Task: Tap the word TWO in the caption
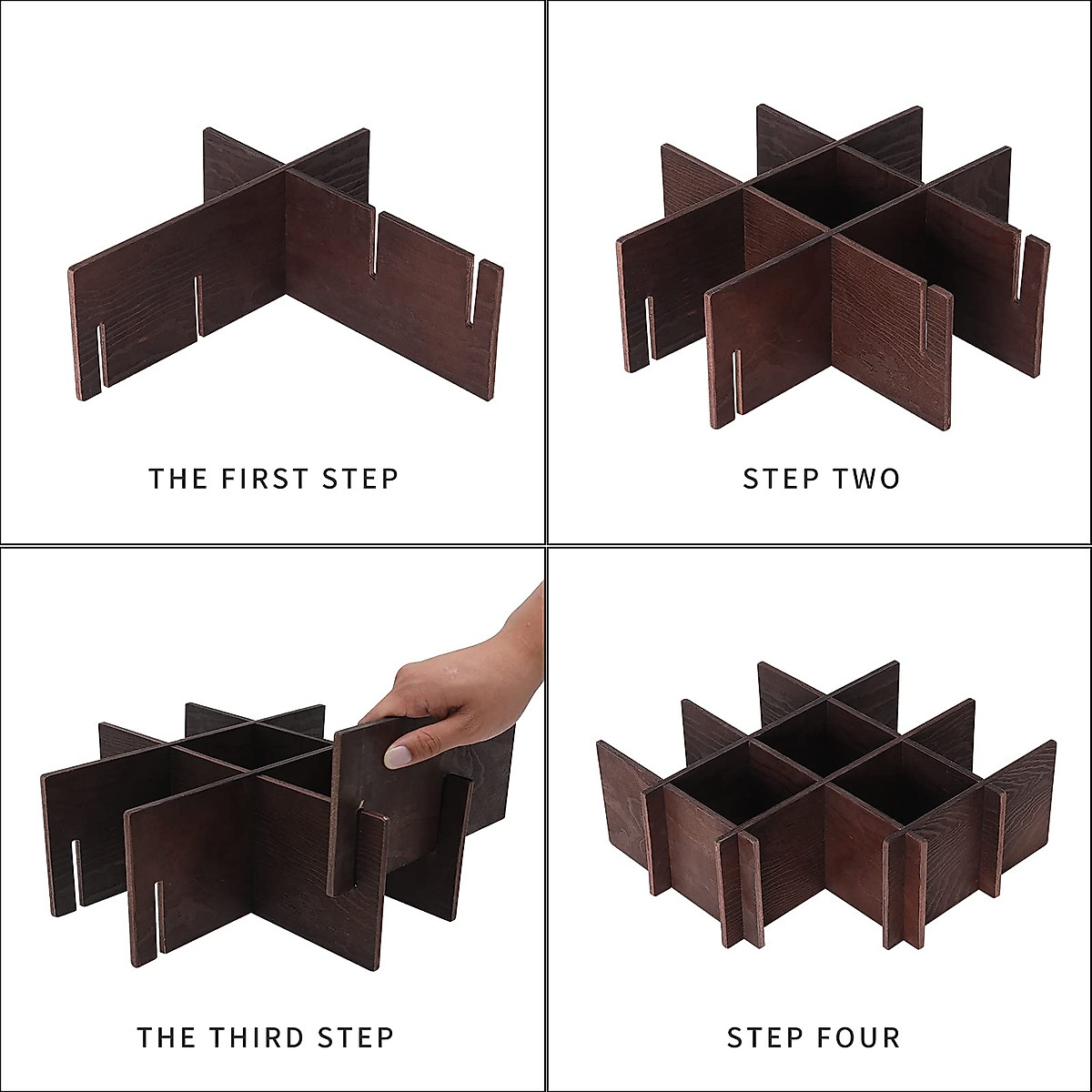[864, 479]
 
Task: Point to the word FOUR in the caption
[860, 1037]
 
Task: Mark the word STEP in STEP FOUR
[765, 1037]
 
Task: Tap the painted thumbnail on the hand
[397, 755]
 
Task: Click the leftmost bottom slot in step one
[101, 355]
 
